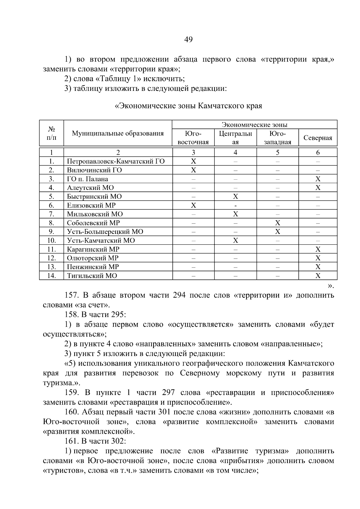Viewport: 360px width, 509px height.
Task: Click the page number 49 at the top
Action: point(188,40)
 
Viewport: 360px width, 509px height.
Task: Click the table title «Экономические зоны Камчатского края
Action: point(188,106)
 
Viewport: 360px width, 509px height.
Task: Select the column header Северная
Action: point(318,138)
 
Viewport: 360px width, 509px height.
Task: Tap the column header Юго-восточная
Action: point(193,138)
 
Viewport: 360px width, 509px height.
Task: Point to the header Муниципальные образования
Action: point(118,133)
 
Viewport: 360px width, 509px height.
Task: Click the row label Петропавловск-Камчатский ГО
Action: point(116,161)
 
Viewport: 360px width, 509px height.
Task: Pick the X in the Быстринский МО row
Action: point(235,196)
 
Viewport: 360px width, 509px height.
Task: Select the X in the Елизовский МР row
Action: point(193,205)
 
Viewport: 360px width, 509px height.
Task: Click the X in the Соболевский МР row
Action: point(277,223)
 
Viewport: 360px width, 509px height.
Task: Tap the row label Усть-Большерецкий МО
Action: point(105,232)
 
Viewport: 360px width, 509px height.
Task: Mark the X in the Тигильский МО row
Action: point(318,276)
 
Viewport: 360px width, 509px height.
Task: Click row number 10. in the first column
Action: point(52,241)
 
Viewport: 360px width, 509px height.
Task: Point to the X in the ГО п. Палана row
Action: point(318,179)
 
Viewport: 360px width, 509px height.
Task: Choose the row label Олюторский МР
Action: point(93,258)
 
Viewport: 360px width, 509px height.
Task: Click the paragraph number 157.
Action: point(71,295)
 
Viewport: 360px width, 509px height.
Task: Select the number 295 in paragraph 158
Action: point(118,315)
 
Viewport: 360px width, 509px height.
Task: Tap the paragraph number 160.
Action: point(71,412)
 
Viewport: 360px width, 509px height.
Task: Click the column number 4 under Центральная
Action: point(235,153)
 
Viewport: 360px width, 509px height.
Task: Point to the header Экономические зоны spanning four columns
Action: point(254,125)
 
